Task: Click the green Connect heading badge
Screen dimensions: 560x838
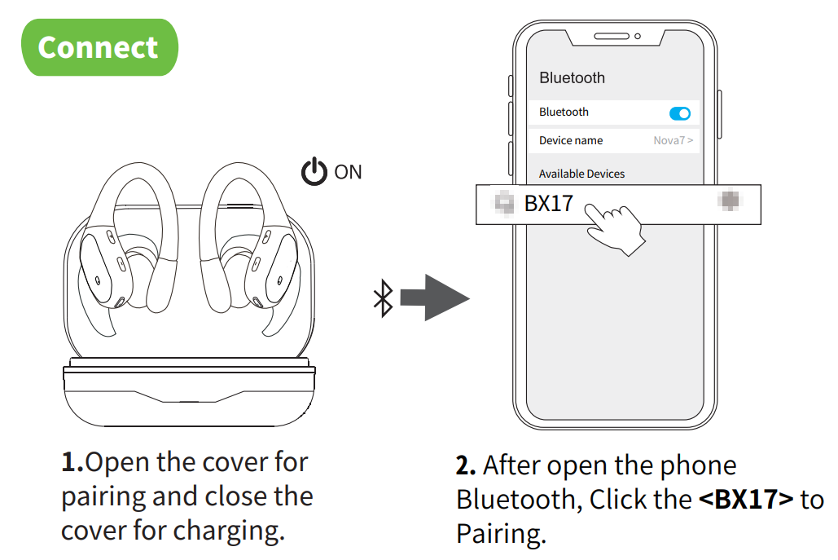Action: [x=98, y=47]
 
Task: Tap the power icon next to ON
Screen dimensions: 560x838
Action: [x=314, y=172]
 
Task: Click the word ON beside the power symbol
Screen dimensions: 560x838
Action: [x=348, y=172]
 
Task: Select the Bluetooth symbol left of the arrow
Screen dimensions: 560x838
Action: [x=382, y=298]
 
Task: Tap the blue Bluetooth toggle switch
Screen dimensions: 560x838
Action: [x=678, y=113]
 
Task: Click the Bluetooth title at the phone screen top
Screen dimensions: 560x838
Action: [x=572, y=77]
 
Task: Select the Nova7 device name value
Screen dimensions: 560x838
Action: [x=673, y=140]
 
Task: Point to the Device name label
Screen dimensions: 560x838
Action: [x=571, y=140]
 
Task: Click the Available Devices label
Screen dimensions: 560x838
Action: [x=581, y=174]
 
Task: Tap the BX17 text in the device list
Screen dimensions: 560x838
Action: [x=549, y=203]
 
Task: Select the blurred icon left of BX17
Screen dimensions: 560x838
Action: [x=506, y=203]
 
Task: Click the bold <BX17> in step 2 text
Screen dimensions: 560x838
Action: [x=746, y=499]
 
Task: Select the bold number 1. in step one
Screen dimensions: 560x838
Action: [x=73, y=462]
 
